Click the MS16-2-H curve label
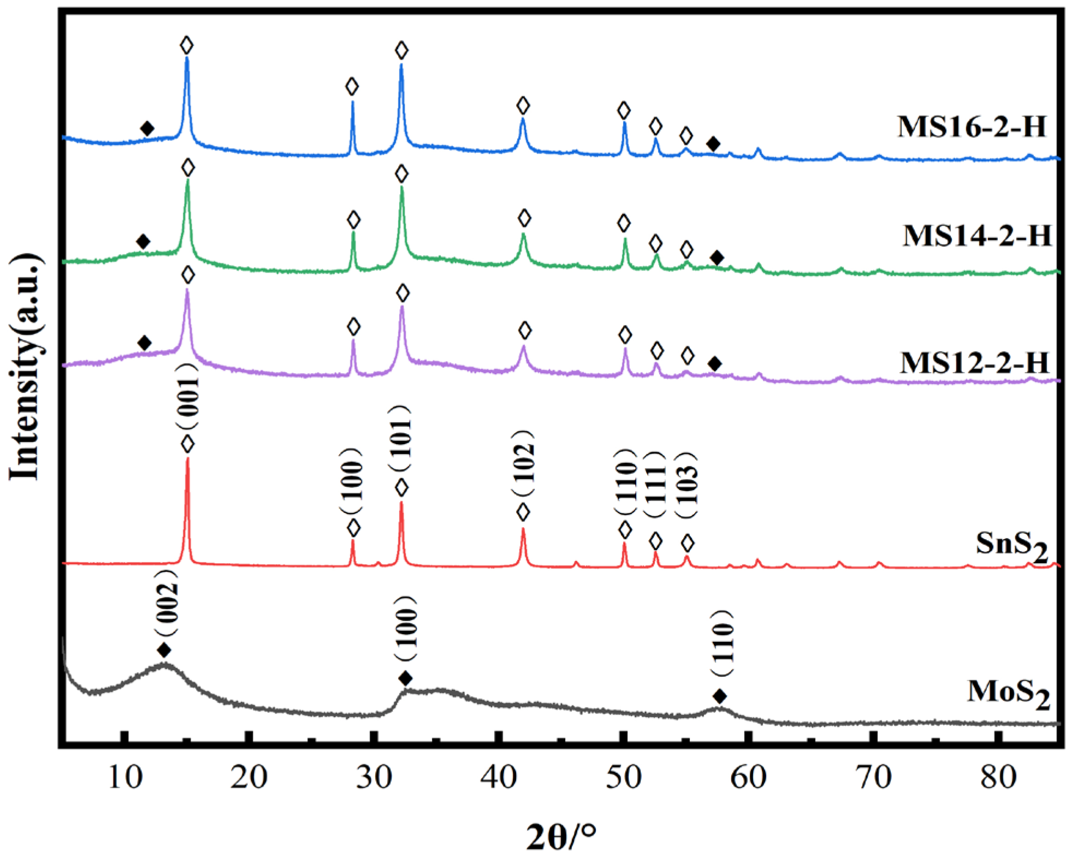(x=972, y=127)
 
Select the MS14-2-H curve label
(x=977, y=236)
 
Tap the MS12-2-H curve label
(x=974, y=363)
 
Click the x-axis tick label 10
(x=125, y=776)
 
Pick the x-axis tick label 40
(x=499, y=776)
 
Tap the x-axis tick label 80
(x=998, y=776)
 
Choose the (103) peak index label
(x=687, y=485)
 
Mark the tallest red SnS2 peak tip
(x=188, y=459)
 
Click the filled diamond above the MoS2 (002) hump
(x=164, y=650)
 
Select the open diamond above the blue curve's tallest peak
(x=187, y=45)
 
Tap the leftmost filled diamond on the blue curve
(x=147, y=129)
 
